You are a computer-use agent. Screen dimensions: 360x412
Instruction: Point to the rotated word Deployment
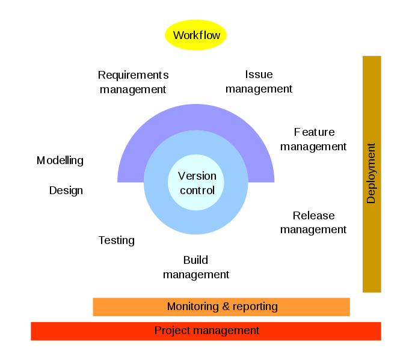371,173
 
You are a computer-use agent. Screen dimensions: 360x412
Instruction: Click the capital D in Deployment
371,200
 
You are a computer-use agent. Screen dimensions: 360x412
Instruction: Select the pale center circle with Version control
196,198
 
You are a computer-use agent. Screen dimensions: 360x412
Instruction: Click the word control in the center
197,191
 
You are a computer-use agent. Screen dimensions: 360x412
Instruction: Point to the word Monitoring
193,307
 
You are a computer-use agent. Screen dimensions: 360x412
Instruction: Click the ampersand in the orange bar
226,307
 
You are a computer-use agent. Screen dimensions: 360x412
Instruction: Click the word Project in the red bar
172,331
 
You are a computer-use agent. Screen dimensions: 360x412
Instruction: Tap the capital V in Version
182,176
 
